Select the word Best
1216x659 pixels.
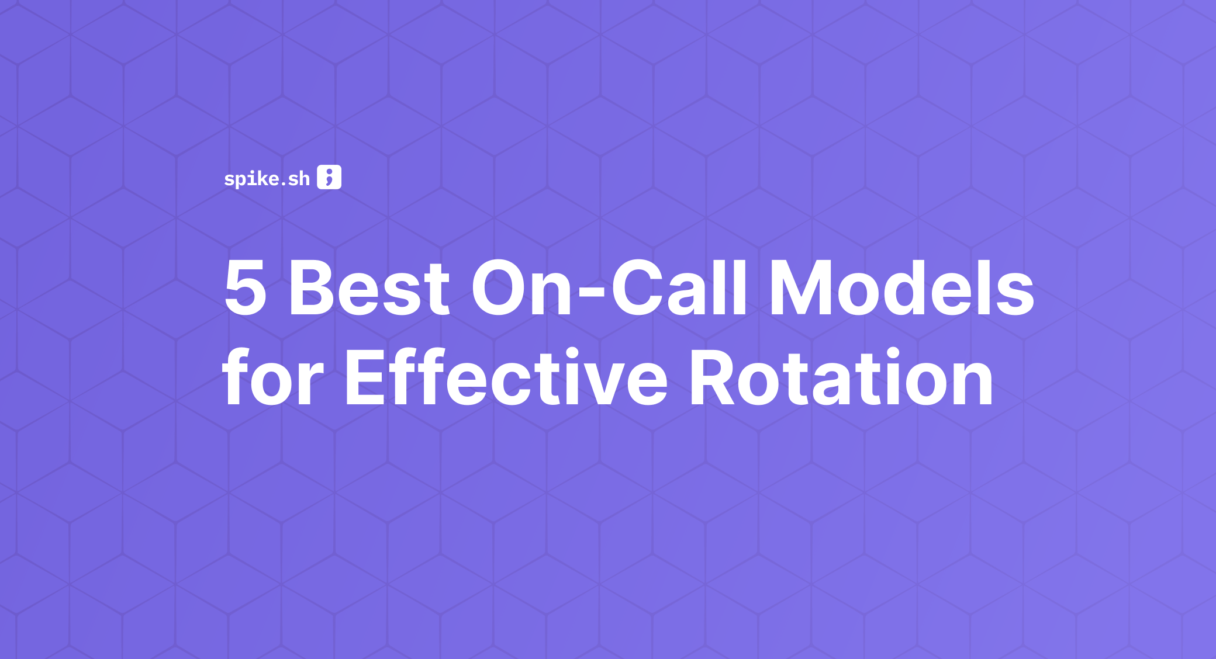tap(369, 288)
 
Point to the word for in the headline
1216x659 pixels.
tap(272, 377)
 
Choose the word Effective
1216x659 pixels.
tap(506, 377)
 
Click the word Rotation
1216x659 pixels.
tap(841, 377)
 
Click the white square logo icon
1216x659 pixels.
tap(329, 177)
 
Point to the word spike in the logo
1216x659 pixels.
tap(251, 179)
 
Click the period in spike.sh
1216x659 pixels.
tap(283, 184)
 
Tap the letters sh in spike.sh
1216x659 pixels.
tap(299, 179)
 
